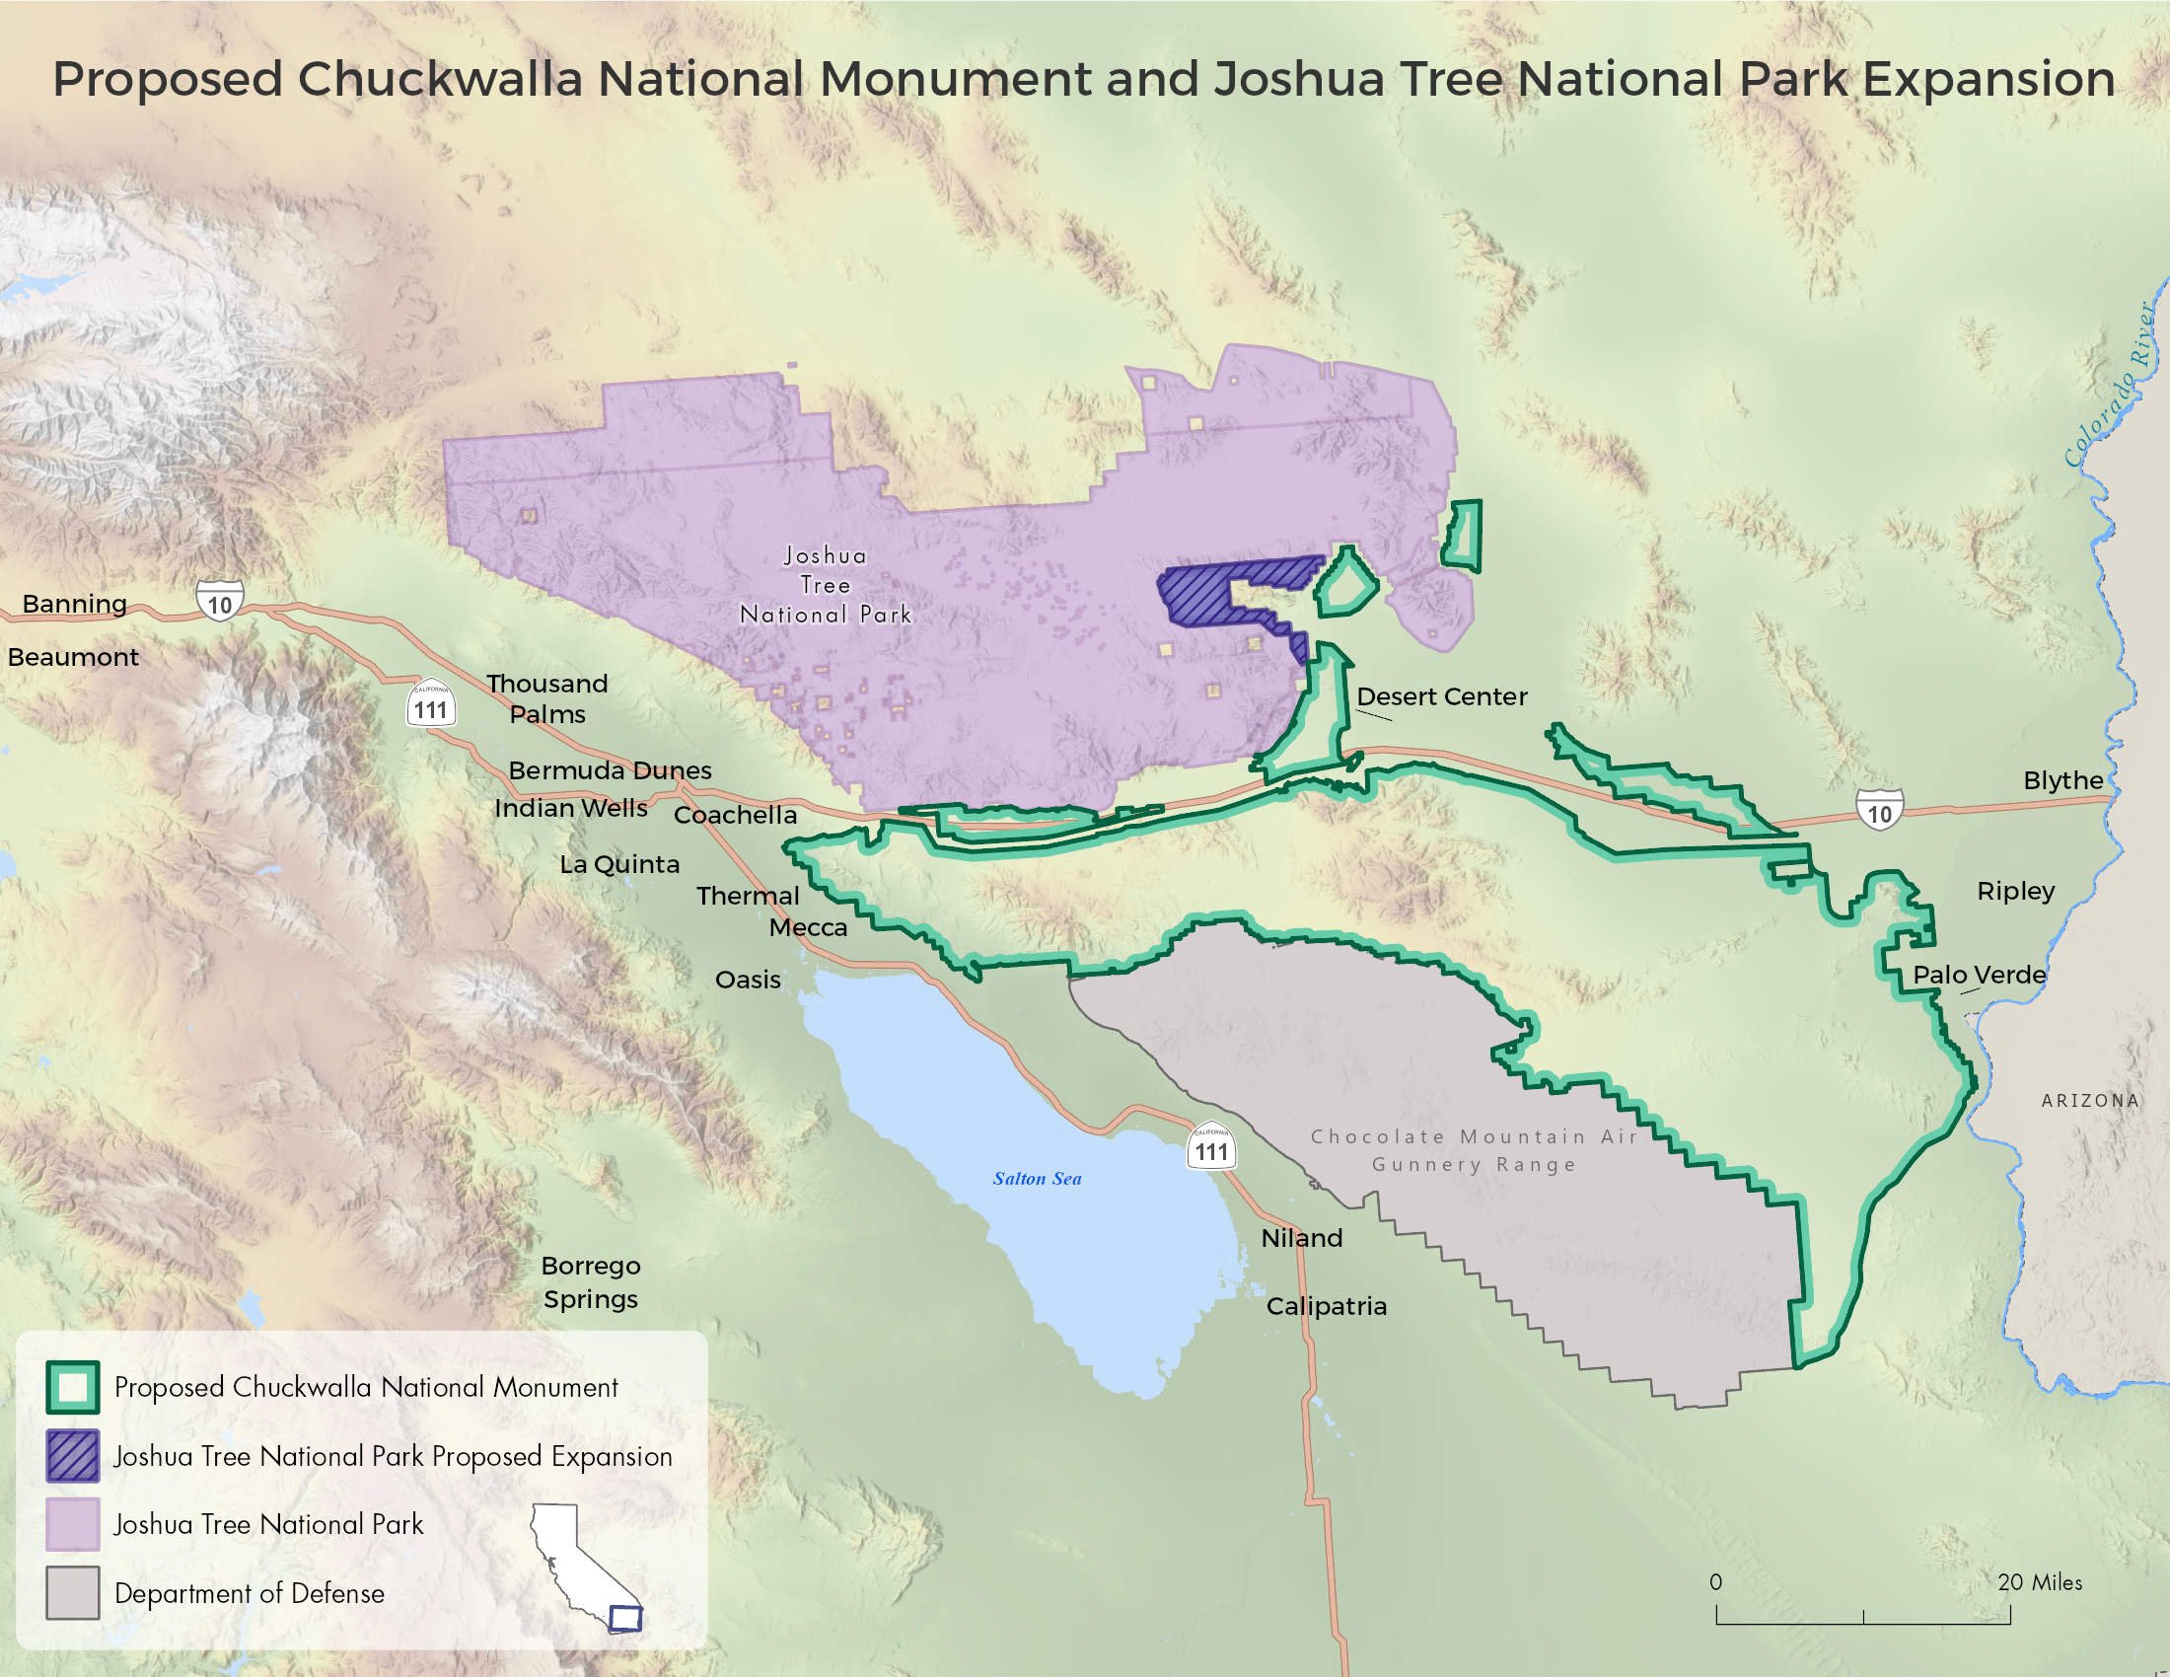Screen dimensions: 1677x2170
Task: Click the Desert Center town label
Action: (x=1442, y=696)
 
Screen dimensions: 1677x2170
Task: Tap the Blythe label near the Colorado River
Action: (x=2062, y=780)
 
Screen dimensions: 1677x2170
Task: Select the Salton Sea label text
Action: (x=1037, y=1178)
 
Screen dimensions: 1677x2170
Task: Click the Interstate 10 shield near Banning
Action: (x=220, y=603)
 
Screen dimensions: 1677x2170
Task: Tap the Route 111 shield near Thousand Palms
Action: (x=430, y=707)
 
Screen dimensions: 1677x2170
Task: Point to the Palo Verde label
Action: (x=1980, y=975)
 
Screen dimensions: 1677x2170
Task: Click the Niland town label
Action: (x=1302, y=1238)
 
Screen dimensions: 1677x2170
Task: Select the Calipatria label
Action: (x=1327, y=1305)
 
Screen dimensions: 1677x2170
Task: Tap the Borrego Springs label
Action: (x=590, y=1281)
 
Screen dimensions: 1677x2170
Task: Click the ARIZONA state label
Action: (x=2089, y=1100)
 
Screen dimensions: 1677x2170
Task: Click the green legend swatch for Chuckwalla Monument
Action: (x=73, y=1387)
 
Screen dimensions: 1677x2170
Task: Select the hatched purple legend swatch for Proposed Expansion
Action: (x=73, y=1455)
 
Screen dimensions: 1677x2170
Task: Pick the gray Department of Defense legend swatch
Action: (x=73, y=1592)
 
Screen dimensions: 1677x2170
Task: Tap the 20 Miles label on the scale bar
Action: (x=2039, y=1582)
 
